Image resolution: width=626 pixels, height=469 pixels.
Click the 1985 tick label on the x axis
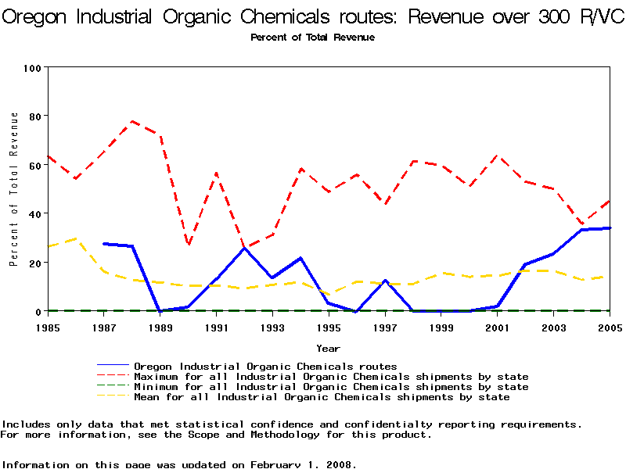(48, 328)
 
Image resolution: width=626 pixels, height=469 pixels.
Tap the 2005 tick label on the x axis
(610, 328)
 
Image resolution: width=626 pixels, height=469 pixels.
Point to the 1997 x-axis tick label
(385, 328)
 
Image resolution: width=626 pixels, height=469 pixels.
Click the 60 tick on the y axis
(34, 165)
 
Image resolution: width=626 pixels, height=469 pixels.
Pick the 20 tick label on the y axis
(34, 263)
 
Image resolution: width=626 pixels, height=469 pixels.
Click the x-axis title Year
(328, 348)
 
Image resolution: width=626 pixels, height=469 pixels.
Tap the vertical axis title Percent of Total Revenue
(14, 189)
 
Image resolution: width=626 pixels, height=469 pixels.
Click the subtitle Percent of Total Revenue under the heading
(312, 38)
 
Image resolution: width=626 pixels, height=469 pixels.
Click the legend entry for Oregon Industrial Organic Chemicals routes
(265, 366)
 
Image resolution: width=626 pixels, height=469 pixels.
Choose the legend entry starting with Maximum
(331, 377)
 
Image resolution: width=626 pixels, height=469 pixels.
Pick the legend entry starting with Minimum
(331, 387)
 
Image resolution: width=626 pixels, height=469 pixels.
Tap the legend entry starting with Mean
(322, 397)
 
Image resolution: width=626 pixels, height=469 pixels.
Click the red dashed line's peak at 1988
(132, 121)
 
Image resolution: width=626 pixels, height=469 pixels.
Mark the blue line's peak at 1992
(244, 248)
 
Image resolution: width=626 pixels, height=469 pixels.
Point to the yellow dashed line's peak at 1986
(76, 238)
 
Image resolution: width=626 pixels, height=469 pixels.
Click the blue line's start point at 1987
(104, 244)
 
